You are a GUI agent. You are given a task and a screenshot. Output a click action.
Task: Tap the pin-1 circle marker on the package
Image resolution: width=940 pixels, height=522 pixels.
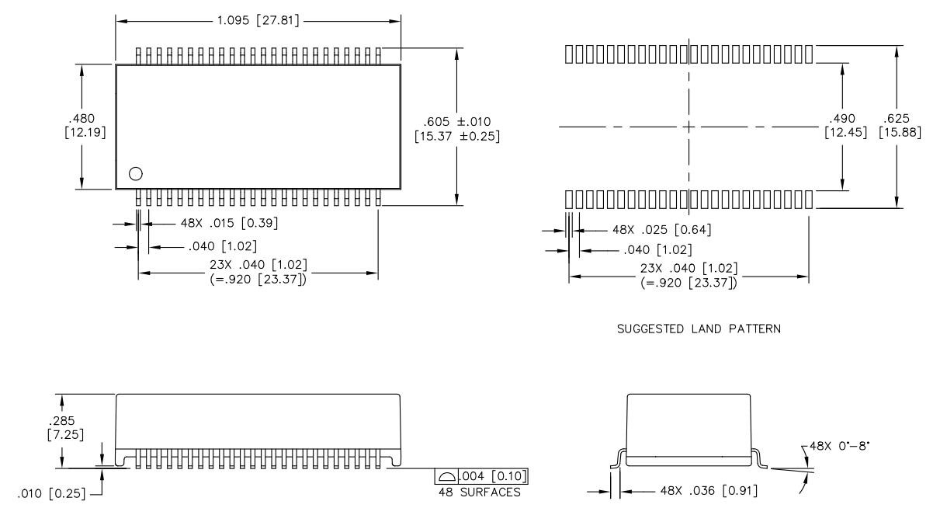(x=136, y=173)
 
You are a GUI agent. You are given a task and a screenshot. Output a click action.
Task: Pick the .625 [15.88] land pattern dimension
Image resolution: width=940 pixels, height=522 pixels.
(x=900, y=126)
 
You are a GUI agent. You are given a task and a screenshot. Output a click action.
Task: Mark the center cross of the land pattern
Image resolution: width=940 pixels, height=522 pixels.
(x=689, y=126)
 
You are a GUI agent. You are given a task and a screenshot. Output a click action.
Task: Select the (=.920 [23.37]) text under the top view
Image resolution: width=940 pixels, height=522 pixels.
(x=258, y=280)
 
